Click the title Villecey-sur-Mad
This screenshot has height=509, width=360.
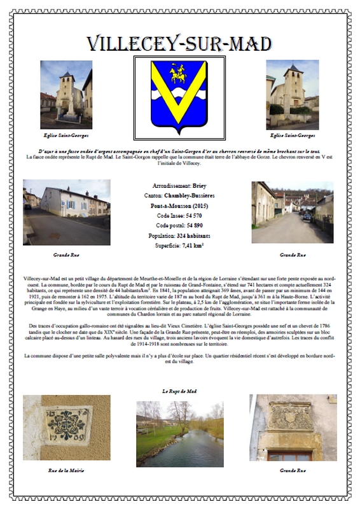179,43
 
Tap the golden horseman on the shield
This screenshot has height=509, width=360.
179,73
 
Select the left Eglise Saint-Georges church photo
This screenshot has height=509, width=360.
66,94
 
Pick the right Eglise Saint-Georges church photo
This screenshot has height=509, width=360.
292,94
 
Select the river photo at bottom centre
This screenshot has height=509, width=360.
179,433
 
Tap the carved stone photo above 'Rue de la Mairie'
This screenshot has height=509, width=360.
66,427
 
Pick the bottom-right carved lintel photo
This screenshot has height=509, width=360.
293,427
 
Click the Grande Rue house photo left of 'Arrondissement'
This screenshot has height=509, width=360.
66,212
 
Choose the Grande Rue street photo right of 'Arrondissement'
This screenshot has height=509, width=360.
292,212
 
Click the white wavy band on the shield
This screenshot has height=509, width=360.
179,96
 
